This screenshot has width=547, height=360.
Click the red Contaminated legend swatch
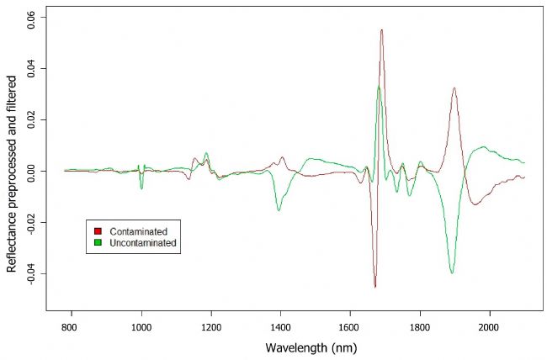(98, 230)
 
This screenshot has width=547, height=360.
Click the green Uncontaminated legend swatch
(98, 242)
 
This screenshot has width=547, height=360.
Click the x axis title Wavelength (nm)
(297, 347)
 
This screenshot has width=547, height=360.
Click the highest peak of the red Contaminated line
(381, 30)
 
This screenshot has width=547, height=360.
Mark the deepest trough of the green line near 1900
(452, 273)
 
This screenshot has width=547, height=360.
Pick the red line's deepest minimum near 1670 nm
(375, 287)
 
